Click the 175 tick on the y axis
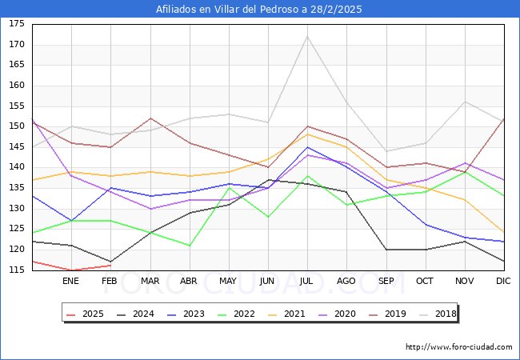point(16,24)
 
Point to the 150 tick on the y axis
point(16,126)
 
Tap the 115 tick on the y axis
point(16,270)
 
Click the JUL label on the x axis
point(307,282)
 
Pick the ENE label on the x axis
point(70,282)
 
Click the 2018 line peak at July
point(307,36)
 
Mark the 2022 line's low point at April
point(189,246)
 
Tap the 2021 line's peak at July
point(307,134)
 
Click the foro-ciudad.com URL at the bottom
point(459,347)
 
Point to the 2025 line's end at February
point(110,266)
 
